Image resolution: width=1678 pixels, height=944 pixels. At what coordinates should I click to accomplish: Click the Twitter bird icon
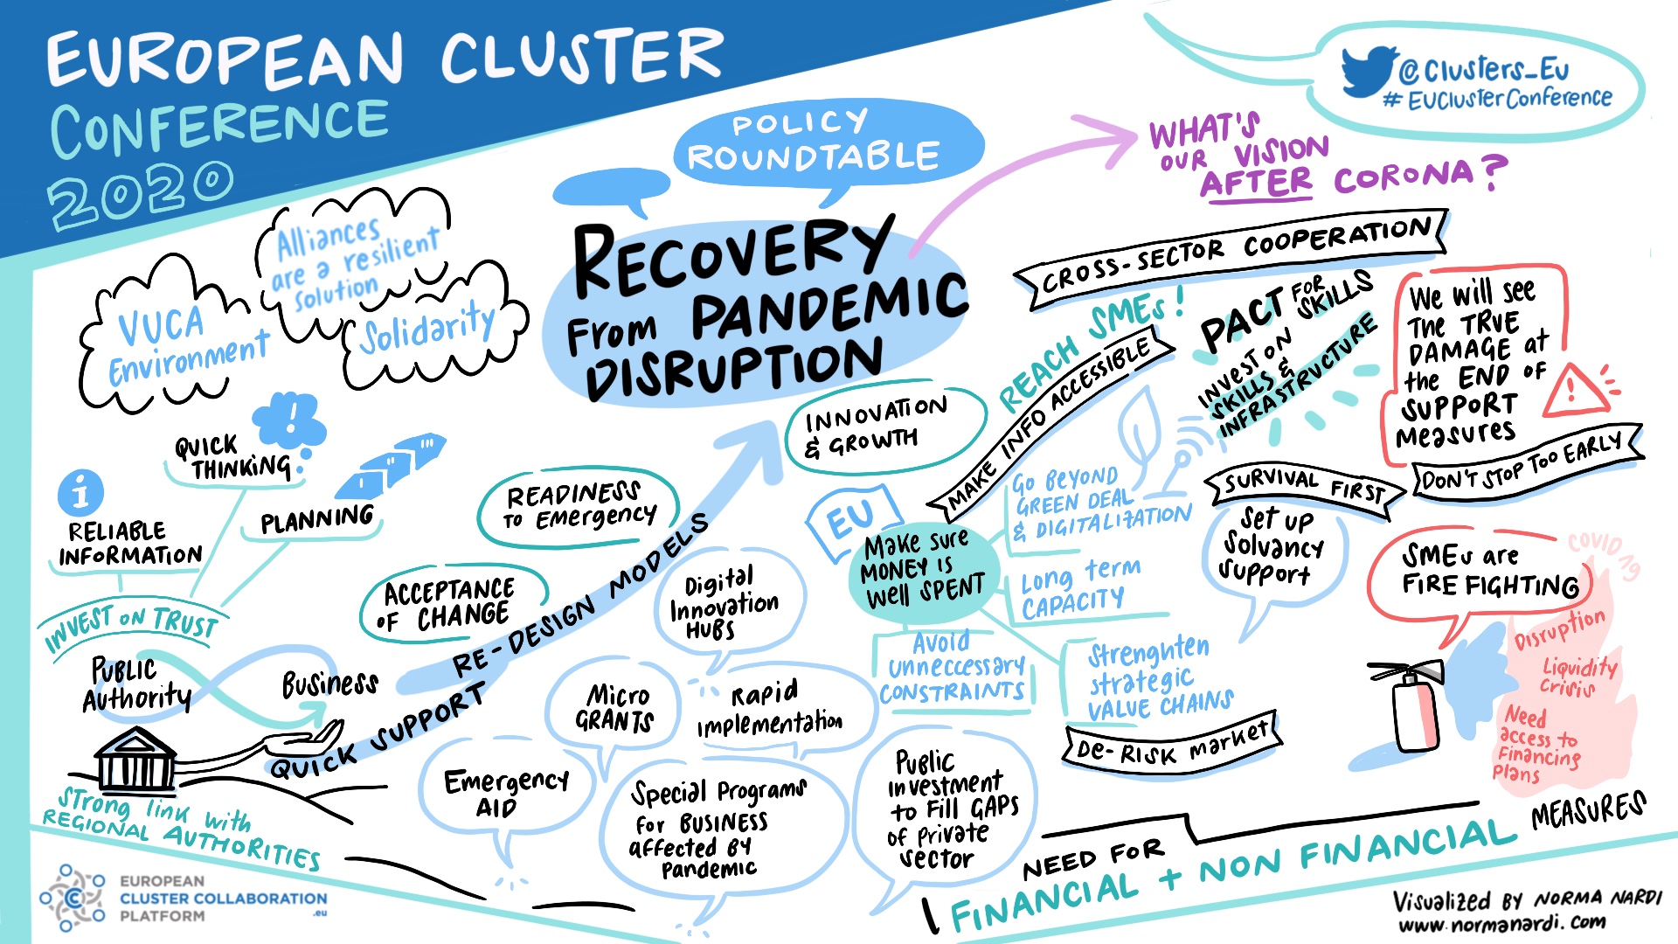1368,70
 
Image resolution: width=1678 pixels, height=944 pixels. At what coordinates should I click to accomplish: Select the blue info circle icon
80,493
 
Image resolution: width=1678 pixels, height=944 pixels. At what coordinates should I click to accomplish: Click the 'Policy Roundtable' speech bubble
813,142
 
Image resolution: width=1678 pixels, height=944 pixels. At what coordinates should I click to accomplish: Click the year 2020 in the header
140,192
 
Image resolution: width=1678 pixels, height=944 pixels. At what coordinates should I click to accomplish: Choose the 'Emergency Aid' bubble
505,792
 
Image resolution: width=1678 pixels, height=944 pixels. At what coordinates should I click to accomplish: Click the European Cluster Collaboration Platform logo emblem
73,898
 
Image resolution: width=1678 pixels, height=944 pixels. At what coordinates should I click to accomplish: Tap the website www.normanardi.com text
1501,924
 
